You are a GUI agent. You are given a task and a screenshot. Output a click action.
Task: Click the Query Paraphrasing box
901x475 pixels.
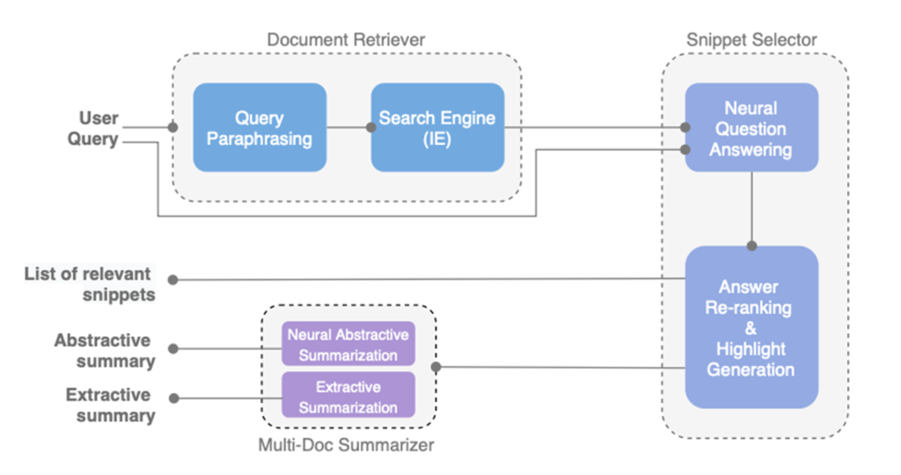260,128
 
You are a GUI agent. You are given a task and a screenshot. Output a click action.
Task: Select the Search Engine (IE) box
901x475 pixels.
437,128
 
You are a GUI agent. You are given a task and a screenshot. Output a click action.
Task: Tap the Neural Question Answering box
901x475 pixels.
751,128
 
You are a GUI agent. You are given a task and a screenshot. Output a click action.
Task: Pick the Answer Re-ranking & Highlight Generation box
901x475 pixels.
751,327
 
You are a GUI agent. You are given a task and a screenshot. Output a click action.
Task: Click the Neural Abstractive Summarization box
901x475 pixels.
348,344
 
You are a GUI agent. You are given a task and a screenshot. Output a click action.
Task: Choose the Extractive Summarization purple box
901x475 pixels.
348,396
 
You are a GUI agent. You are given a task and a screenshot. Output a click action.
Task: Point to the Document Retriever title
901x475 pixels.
346,40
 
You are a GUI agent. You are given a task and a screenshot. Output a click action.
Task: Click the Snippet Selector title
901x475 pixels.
751,40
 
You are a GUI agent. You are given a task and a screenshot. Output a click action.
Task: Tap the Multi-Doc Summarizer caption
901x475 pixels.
346,445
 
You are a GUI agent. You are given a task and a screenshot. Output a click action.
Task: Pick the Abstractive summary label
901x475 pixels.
103,350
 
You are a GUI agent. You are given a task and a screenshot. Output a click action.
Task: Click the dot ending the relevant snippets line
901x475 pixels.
173,280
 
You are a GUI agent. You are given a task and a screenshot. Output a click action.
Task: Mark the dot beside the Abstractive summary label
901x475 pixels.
173,348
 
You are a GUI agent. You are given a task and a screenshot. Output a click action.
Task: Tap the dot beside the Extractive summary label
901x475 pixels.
173,398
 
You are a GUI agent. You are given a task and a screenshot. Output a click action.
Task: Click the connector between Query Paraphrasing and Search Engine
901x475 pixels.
348,128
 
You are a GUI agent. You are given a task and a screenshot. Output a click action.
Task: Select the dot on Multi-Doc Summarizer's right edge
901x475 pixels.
437,367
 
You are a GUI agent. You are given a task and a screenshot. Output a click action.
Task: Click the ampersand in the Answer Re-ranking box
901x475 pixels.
751,327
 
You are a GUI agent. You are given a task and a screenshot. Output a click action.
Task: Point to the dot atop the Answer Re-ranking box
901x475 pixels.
751,246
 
